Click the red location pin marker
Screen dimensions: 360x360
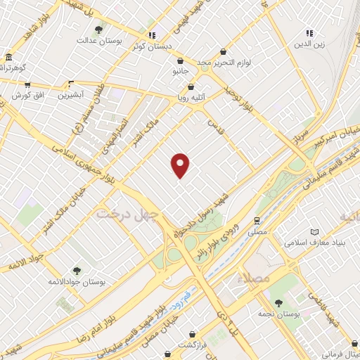(181, 165)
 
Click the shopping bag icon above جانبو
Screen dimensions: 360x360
(181, 60)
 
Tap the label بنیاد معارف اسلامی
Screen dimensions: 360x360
(314, 243)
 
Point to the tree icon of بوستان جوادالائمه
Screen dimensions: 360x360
(77, 270)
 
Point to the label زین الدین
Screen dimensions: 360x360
(309, 44)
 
